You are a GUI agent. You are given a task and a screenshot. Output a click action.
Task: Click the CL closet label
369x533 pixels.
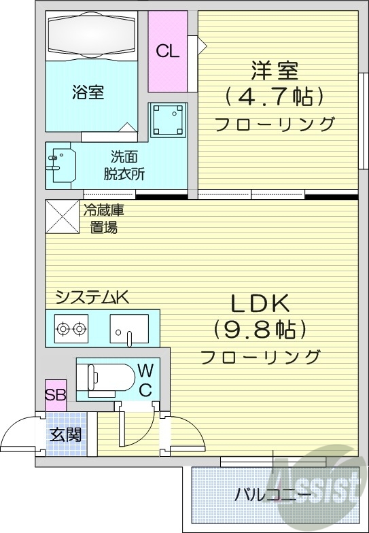[x=167, y=52]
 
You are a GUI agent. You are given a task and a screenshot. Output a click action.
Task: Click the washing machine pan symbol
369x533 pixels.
[x=167, y=121]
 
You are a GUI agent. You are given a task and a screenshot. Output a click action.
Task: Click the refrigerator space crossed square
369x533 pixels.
[x=61, y=216]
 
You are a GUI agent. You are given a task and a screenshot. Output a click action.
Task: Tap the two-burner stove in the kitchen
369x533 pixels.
[x=72, y=329]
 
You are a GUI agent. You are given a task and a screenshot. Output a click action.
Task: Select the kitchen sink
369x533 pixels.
[x=129, y=330]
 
